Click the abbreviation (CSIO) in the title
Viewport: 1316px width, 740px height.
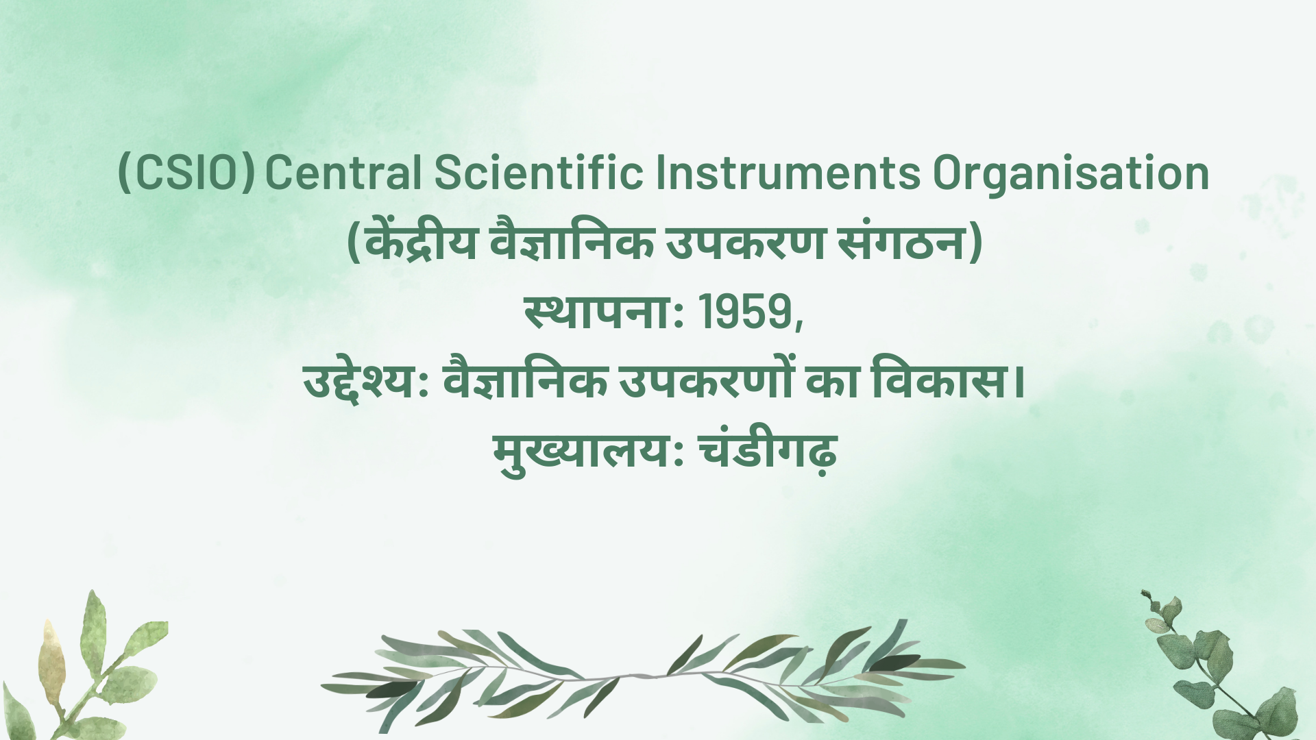click(x=186, y=173)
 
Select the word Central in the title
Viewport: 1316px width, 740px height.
click(x=343, y=173)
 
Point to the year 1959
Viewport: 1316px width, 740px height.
click(x=746, y=312)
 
